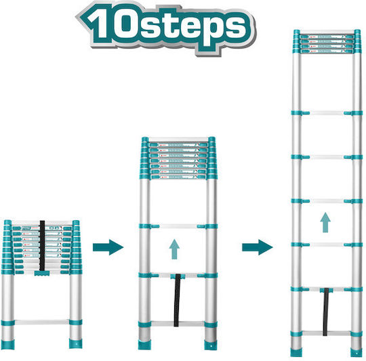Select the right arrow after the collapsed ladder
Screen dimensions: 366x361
click(108, 247)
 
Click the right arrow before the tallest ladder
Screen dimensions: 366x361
click(258, 247)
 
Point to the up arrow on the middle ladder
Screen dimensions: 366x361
click(174, 249)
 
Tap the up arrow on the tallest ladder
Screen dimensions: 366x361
click(325, 222)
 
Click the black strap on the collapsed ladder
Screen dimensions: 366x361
click(42, 245)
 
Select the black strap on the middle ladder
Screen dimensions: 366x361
click(178, 300)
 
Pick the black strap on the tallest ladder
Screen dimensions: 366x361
click(326, 312)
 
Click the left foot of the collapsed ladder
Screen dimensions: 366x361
click(7, 345)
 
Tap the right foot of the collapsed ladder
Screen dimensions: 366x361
click(76, 344)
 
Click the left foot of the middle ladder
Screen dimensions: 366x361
click(144, 345)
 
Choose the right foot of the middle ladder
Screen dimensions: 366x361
click(211, 345)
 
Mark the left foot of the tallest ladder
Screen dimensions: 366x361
click(296, 352)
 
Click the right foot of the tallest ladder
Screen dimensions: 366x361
click(357, 352)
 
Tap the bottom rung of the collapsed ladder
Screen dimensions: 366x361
click(42, 322)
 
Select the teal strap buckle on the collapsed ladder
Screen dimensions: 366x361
click(42, 274)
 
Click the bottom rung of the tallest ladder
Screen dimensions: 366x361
click(326, 333)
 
